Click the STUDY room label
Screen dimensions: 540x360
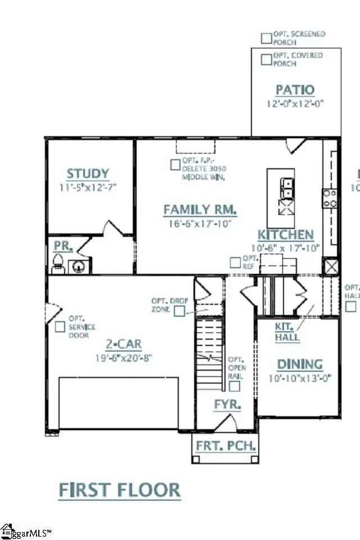(88, 174)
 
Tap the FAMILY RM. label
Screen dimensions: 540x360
(200, 210)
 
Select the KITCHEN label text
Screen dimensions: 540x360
(285, 235)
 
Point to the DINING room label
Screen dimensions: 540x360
(299, 364)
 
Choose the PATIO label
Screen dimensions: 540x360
(295, 90)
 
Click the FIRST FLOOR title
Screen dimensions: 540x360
(119, 489)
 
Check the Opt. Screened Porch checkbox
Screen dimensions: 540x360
(266, 38)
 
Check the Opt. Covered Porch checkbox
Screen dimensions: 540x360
(266, 59)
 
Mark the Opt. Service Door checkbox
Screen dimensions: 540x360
(60, 326)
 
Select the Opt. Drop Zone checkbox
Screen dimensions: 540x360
(179, 312)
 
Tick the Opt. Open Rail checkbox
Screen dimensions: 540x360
(235, 386)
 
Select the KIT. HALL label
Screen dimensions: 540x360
(287, 332)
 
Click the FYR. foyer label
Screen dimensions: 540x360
(227, 404)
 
